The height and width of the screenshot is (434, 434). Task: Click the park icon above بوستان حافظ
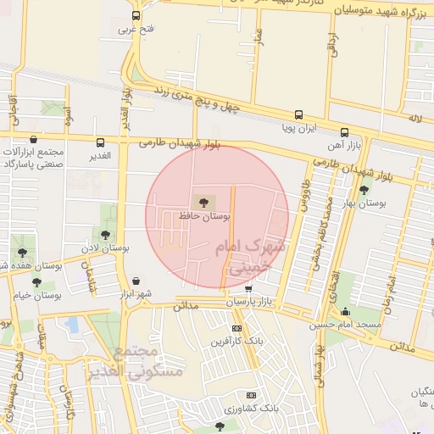point(202,201)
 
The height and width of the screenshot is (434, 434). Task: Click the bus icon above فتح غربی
point(136,16)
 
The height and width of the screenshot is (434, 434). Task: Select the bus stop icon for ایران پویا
point(298,114)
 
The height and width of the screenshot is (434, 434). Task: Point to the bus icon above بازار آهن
point(344,133)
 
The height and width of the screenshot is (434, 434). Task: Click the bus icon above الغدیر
point(101,142)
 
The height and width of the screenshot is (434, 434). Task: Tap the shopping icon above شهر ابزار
point(136,281)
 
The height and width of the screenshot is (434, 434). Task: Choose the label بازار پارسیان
point(252,302)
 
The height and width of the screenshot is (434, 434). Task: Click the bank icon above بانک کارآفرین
point(236,328)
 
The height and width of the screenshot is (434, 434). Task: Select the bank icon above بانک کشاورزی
point(251,395)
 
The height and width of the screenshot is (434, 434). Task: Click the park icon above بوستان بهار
point(364,190)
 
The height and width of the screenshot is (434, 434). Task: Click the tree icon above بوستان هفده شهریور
point(20,253)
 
